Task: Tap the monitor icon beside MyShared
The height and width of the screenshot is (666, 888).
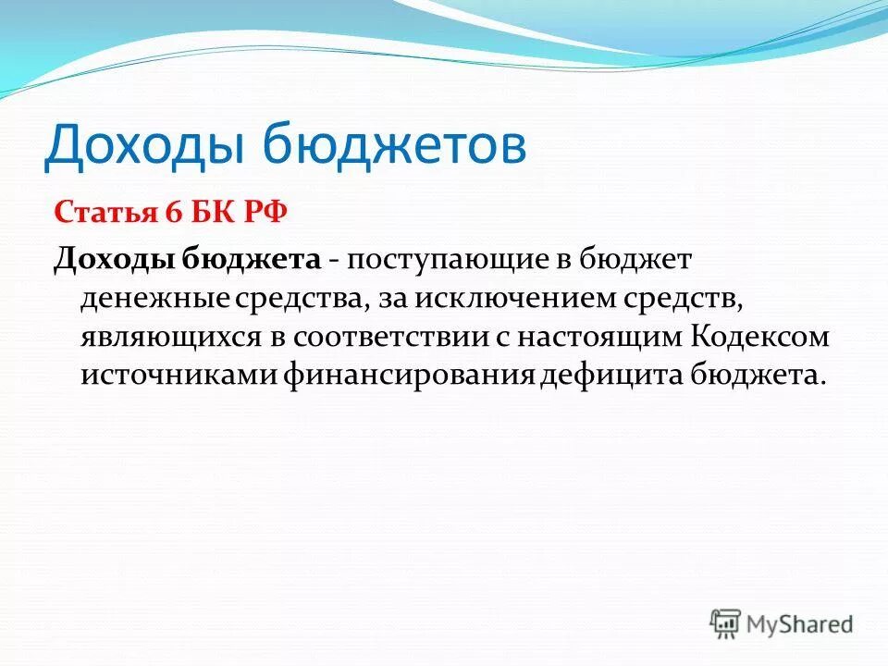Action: pos(726,623)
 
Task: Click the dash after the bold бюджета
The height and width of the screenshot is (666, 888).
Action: pos(334,262)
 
